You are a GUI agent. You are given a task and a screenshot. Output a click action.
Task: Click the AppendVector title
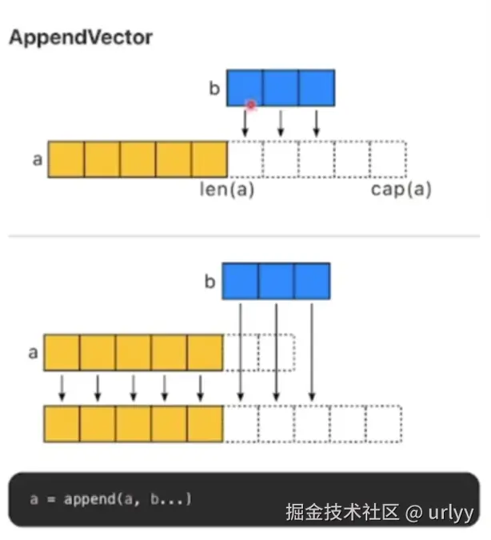point(80,38)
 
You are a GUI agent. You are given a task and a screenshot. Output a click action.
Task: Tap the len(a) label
point(226,190)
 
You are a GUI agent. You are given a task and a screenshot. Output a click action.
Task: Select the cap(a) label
point(401,190)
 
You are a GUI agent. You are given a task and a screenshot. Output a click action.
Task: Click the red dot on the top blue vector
point(250,105)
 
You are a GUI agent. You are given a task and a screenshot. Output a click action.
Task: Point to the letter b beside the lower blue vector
point(210,282)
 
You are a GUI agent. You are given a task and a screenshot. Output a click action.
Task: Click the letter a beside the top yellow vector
point(37,159)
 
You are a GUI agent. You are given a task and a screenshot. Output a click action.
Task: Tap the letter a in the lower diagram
point(33,352)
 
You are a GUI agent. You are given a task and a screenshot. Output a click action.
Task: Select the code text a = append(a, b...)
point(111,499)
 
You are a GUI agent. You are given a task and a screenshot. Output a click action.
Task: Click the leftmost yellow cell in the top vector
point(66,159)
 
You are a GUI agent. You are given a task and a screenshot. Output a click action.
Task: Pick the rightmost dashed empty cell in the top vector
point(388,159)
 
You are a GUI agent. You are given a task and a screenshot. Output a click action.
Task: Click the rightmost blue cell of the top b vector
point(317,88)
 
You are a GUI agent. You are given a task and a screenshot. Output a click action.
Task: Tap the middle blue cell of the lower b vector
point(276,282)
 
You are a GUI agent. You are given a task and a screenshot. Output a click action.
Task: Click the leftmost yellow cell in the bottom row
point(62,424)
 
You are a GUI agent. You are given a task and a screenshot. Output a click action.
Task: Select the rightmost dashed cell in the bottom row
point(383,424)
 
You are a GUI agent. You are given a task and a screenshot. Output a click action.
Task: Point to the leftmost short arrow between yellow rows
point(62,388)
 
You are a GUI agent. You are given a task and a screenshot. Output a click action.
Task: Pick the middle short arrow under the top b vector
point(281,123)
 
